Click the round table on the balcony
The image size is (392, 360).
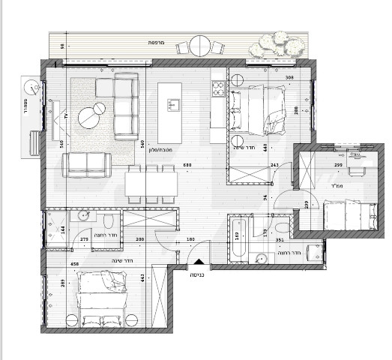tap(199, 45)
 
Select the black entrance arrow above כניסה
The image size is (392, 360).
tap(198, 262)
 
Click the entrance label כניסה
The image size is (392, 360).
tap(198, 275)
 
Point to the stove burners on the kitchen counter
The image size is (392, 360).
tap(218, 91)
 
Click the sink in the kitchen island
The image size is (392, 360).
tap(173, 103)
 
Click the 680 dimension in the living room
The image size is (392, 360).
tap(187, 166)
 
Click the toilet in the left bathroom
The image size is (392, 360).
tap(108, 220)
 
